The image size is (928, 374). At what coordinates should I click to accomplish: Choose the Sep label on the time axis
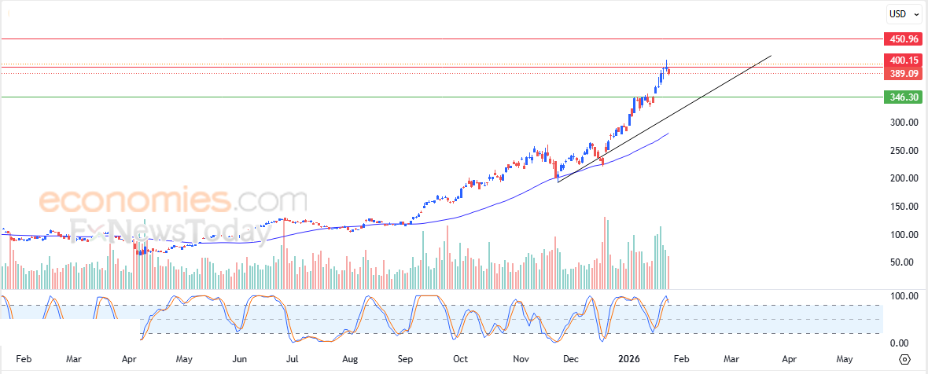point(405,359)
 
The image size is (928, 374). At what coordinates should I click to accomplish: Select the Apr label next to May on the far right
point(789,359)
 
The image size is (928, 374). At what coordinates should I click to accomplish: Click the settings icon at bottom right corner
point(905,359)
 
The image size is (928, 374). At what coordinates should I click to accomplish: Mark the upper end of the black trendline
point(771,56)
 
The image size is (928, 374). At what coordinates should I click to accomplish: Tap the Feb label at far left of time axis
point(23,359)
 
